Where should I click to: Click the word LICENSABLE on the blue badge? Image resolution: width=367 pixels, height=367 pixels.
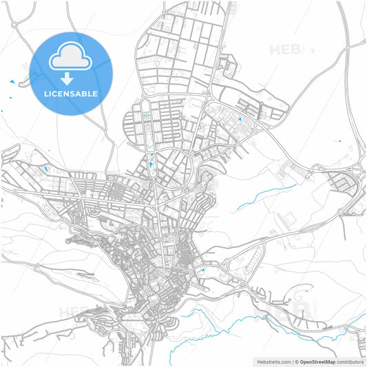(x=71, y=93)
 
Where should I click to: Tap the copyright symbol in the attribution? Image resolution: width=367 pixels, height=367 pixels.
(x=296, y=361)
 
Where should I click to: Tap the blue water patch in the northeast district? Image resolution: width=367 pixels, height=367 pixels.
(x=240, y=120)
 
